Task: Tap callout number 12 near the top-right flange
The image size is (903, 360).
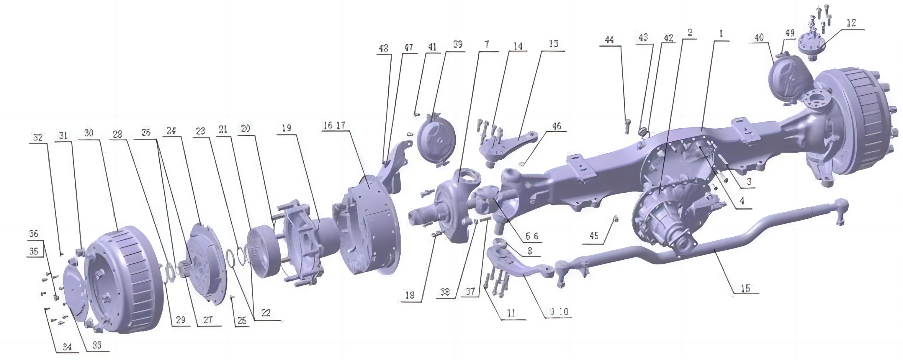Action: (x=851, y=23)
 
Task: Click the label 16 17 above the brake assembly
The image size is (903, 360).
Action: (x=334, y=125)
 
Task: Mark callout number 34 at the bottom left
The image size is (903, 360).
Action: (x=67, y=347)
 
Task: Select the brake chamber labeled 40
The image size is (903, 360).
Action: (x=789, y=81)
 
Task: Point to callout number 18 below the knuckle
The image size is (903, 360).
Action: (x=409, y=295)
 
